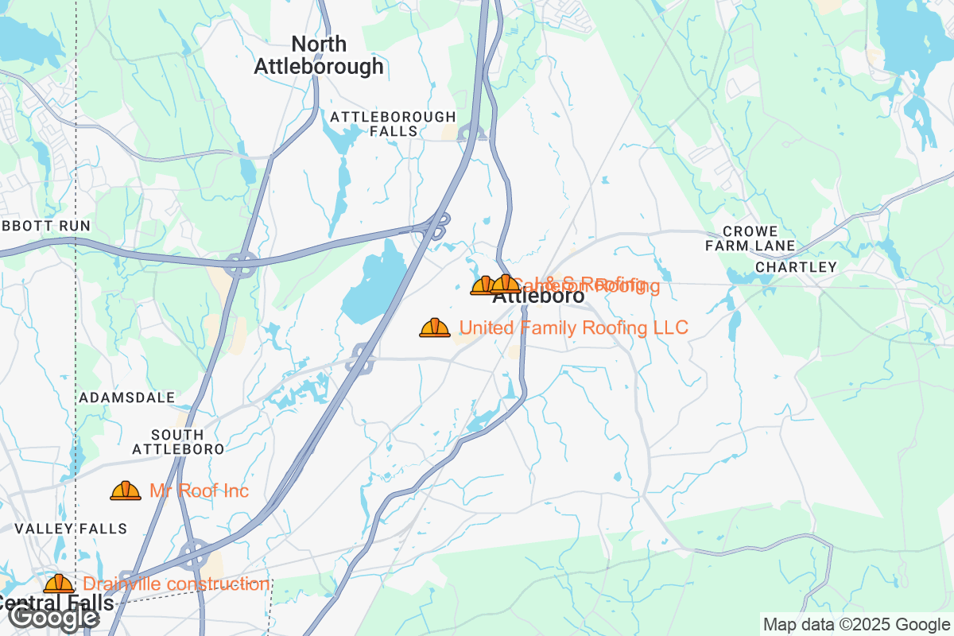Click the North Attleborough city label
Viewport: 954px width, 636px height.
tap(318, 56)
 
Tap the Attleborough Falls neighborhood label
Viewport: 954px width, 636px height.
tap(393, 123)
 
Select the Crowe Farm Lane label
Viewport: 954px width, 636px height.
tap(750, 238)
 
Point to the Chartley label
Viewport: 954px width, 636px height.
tap(796, 267)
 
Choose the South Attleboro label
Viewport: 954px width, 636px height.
tap(177, 442)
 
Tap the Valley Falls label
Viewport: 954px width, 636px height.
tap(71, 529)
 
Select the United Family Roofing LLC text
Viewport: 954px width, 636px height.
tap(573, 328)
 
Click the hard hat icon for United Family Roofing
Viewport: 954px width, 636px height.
tap(435, 328)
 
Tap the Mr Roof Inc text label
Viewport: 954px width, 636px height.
tap(199, 491)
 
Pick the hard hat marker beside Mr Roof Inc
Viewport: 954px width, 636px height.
tap(126, 491)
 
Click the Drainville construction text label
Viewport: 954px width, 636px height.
tap(176, 584)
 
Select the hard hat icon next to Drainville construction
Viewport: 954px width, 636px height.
tap(59, 584)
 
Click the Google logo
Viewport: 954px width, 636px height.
tap(54, 617)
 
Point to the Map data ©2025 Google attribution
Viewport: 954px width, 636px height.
tap(856, 624)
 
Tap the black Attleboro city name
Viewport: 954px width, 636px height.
tap(538, 297)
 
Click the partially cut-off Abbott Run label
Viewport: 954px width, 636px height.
tap(45, 226)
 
